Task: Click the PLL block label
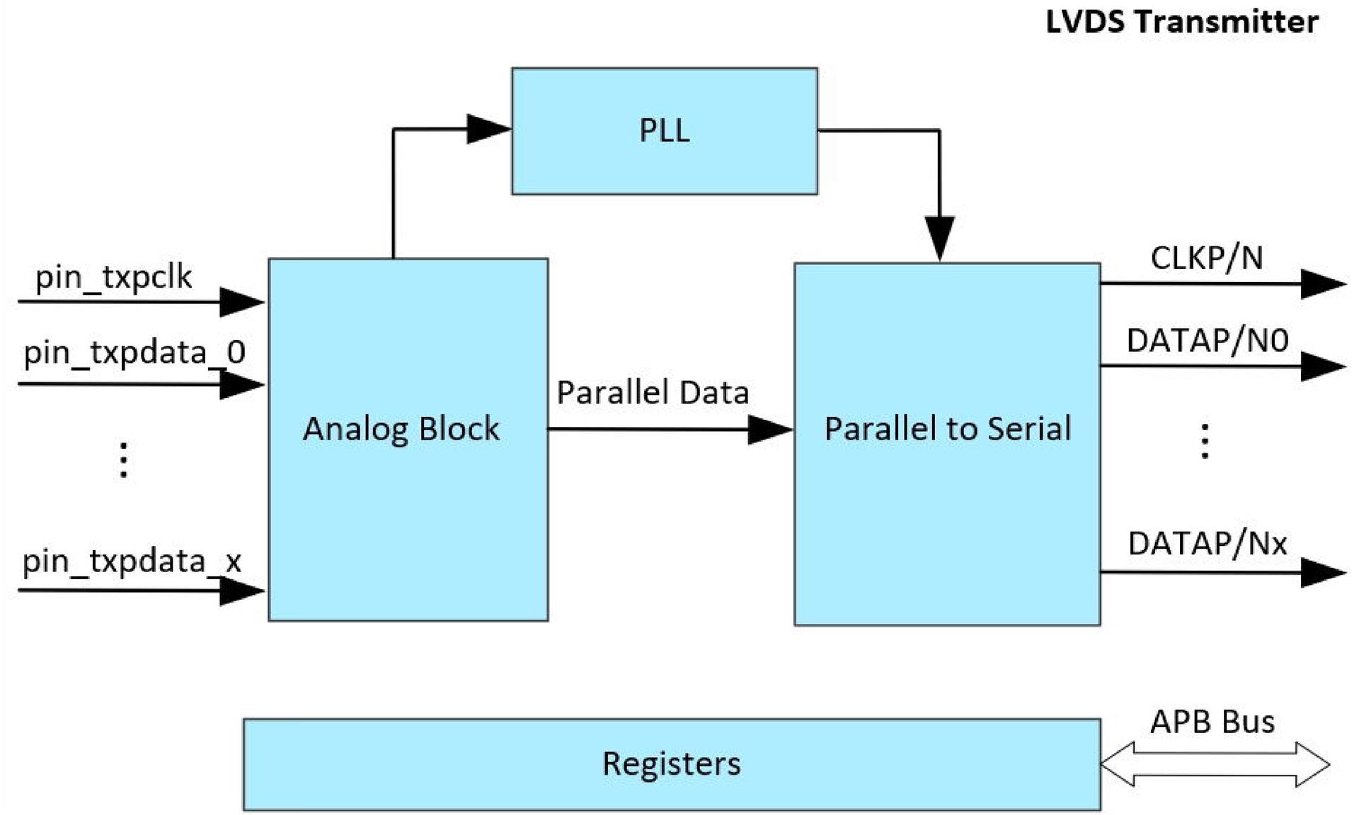(x=664, y=131)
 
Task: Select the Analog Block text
(x=401, y=429)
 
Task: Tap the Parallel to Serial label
(x=947, y=429)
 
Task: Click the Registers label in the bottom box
(x=671, y=764)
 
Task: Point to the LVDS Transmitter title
(x=1181, y=22)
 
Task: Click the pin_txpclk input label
(x=113, y=277)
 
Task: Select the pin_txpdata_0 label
(x=134, y=353)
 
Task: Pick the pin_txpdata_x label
(x=132, y=562)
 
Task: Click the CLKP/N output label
(x=1206, y=258)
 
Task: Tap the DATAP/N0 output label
(x=1207, y=341)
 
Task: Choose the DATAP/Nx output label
(x=1207, y=544)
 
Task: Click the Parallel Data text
(x=652, y=393)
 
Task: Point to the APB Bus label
(x=1212, y=722)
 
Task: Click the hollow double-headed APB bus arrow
(x=1215, y=765)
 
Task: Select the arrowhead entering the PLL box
(x=487, y=129)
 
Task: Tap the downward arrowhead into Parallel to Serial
(x=939, y=237)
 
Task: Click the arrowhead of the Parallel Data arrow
(x=769, y=429)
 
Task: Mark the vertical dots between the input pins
(x=124, y=460)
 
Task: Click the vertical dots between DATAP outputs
(x=1205, y=441)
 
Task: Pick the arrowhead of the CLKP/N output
(x=1321, y=284)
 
